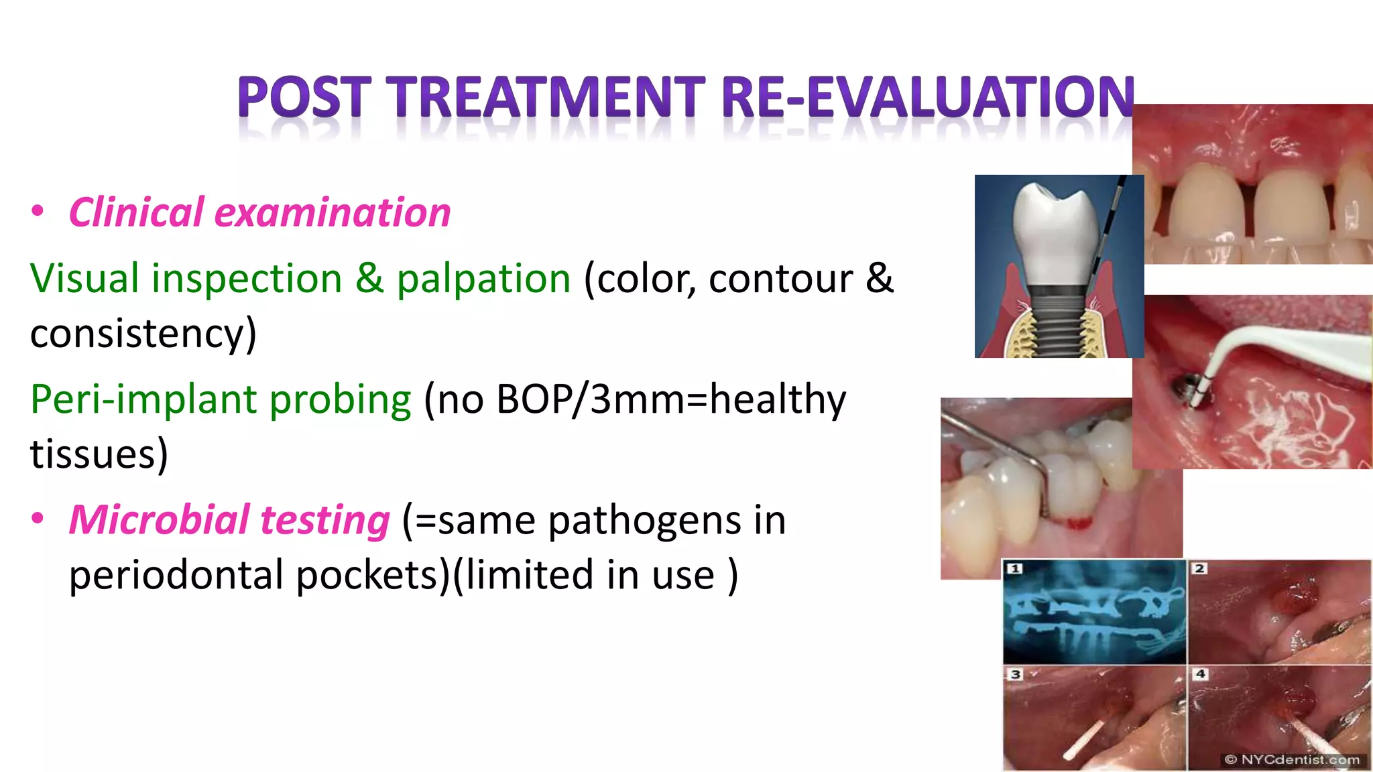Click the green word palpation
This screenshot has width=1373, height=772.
[x=483, y=279]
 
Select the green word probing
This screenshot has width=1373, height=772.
[x=340, y=400]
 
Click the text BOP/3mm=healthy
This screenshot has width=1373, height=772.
[x=671, y=400]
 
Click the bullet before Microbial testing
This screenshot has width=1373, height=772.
[x=38, y=518]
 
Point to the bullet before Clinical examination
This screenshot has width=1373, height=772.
[x=38, y=211]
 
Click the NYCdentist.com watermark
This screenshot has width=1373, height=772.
[x=1292, y=759]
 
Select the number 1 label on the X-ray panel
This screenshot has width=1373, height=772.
[x=1015, y=568]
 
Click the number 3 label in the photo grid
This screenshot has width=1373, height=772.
[x=1015, y=673]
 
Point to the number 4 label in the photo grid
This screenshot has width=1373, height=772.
[x=1200, y=673]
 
